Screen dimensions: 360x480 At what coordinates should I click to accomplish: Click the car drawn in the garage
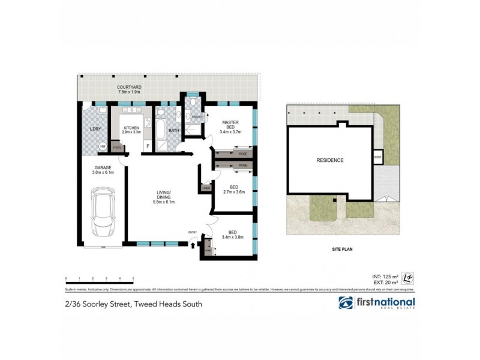click(103, 213)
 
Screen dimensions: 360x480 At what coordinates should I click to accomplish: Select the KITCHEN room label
click(131, 128)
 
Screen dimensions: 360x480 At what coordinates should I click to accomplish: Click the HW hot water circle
click(103, 147)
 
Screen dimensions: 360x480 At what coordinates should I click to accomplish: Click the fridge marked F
click(148, 146)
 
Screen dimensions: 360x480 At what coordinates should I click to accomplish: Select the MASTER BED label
click(230, 125)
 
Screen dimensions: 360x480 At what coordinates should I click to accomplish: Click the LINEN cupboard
click(206, 189)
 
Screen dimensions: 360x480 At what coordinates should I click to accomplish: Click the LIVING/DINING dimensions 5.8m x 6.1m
click(164, 202)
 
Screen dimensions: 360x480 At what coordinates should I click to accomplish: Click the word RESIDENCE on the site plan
click(330, 160)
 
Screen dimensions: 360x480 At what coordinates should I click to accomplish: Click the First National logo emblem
click(346, 303)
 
